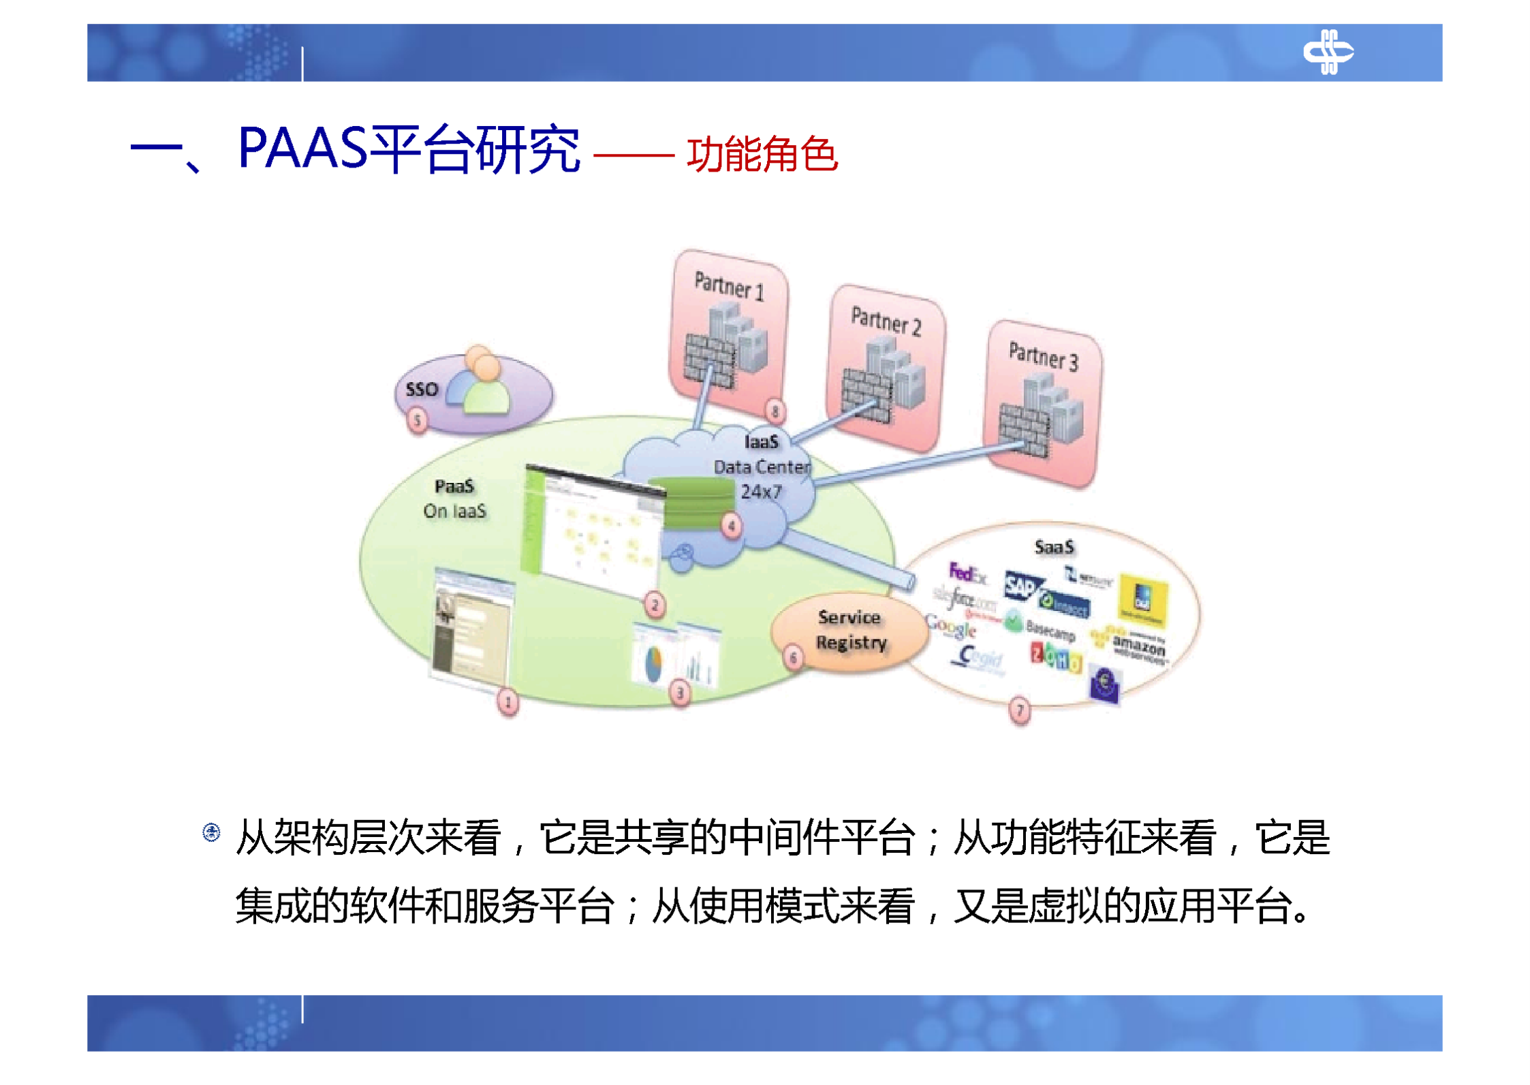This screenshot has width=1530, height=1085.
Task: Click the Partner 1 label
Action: [728, 285]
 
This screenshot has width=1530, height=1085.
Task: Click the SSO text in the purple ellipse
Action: [421, 390]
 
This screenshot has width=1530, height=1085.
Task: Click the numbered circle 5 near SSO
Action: [417, 420]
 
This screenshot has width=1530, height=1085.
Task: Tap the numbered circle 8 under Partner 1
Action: [775, 411]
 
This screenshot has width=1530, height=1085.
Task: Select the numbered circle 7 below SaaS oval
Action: [1019, 711]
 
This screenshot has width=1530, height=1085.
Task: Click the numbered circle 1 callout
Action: [508, 702]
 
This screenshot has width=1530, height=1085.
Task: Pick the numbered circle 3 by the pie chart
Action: [680, 693]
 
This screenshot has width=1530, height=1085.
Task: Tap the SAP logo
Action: [1021, 585]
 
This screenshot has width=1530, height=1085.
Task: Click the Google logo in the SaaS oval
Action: [951, 627]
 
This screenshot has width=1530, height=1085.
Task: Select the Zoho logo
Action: [1055, 658]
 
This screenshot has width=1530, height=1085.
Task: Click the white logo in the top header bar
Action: [1327, 52]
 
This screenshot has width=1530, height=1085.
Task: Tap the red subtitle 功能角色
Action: [761, 155]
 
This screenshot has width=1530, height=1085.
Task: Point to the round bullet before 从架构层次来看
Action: [211, 832]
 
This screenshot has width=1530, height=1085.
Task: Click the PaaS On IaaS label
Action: [454, 499]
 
